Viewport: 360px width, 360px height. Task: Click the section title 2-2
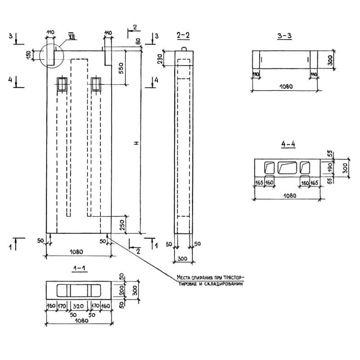[184, 36]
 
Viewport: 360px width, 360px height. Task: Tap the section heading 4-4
[288, 144]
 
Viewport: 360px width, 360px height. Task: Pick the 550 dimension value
[120, 67]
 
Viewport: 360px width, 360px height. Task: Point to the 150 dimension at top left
[28, 54]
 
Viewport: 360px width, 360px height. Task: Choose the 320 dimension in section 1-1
[79, 306]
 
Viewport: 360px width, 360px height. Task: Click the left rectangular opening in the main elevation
[61, 84]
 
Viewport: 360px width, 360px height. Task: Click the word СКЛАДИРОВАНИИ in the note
[224, 284]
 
